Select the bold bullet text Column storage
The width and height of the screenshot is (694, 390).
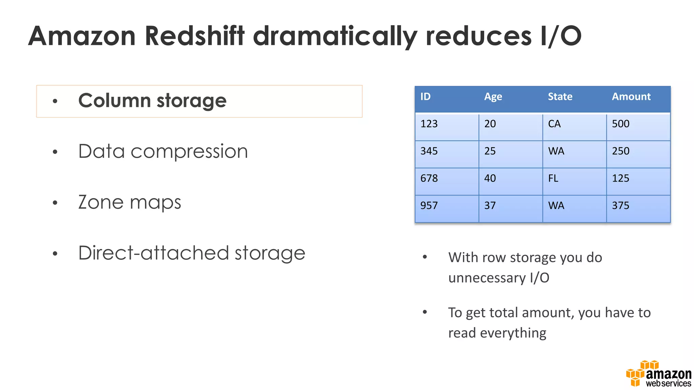point(152,101)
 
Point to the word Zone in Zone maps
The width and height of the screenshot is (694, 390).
point(101,202)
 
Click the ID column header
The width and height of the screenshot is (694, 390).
point(425,97)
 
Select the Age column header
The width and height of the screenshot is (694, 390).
point(493,97)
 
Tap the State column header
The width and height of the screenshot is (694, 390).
point(560,97)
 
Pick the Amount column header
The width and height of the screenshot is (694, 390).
point(631,97)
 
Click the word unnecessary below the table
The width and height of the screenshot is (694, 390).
point(487,278)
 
